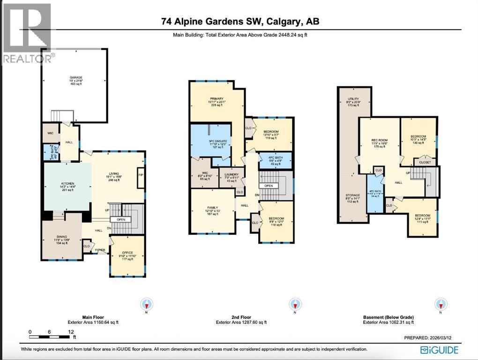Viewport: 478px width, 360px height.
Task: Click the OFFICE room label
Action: [127, 253]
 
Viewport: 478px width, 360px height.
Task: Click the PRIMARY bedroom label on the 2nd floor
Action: [217, 98]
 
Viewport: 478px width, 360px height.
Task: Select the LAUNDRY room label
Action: [232, 175]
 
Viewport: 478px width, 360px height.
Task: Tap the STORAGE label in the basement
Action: [353, 195]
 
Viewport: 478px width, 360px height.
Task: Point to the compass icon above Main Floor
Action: [147, 304]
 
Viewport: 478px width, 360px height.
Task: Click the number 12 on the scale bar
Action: [71, 332]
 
